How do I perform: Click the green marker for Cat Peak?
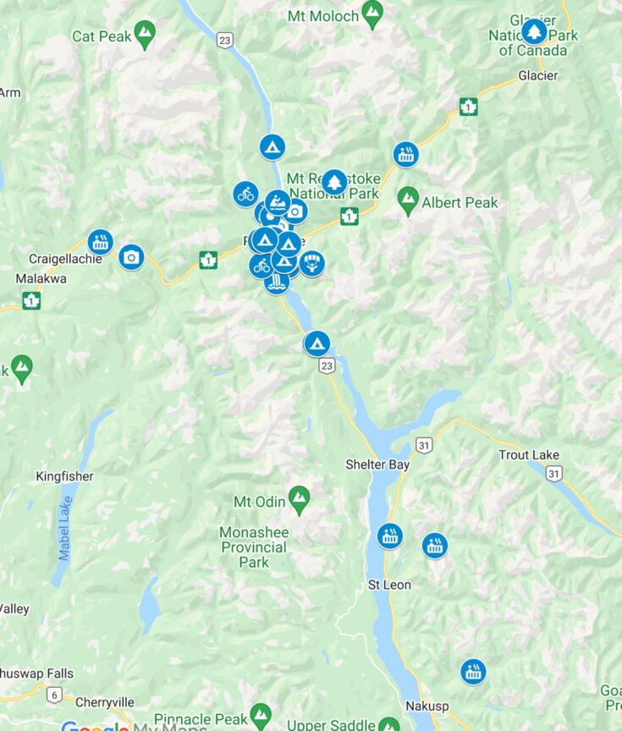tap(146, 34)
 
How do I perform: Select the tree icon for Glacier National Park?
tap(533, 31)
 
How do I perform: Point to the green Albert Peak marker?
tap(408, 200)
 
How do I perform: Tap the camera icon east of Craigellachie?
tap(131, 256)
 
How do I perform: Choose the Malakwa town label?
tap(41, 278)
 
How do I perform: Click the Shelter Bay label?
tap(377, 464)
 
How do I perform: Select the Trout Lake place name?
tap(529, 455)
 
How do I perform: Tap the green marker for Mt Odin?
tap(298, 498)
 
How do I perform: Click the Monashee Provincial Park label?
tap(254, 547)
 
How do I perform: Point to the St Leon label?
tap(389, 585)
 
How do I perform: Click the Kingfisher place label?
tap(64, 476)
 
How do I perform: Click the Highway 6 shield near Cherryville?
tap(55, 695)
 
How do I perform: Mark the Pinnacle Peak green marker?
tap(261, 714)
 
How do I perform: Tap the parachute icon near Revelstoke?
tap(312, 263)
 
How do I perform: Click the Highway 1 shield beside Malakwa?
tap(31, 300)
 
